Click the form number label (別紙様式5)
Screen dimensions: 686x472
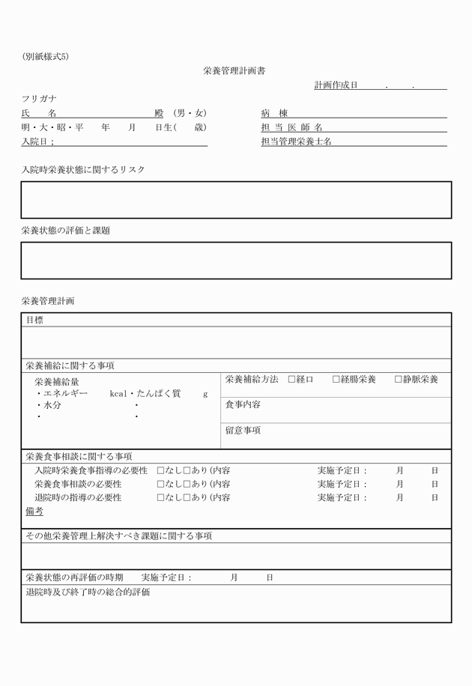point(46,57)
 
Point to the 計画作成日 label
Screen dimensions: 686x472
point(336,85)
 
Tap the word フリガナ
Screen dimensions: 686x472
point(39,99)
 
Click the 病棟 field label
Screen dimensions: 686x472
point(274,113)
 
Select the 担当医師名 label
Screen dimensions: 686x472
point(291,127)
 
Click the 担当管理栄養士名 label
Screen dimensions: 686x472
point(296,141)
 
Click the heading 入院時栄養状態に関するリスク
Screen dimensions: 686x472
point(83,170)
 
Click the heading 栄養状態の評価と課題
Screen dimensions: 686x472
point(65,231)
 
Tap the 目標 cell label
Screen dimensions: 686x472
point(34,320)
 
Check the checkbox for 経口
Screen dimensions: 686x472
point(292,380)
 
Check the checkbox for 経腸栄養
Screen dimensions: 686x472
point(336,380)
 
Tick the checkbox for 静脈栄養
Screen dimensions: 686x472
point(399,380)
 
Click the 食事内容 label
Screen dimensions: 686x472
point(243,404)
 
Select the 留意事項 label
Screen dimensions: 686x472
point(243,431)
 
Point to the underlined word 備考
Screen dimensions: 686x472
point(34,512)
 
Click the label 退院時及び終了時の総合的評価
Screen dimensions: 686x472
point(88,592)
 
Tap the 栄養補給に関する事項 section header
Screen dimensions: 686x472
point(70,366)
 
